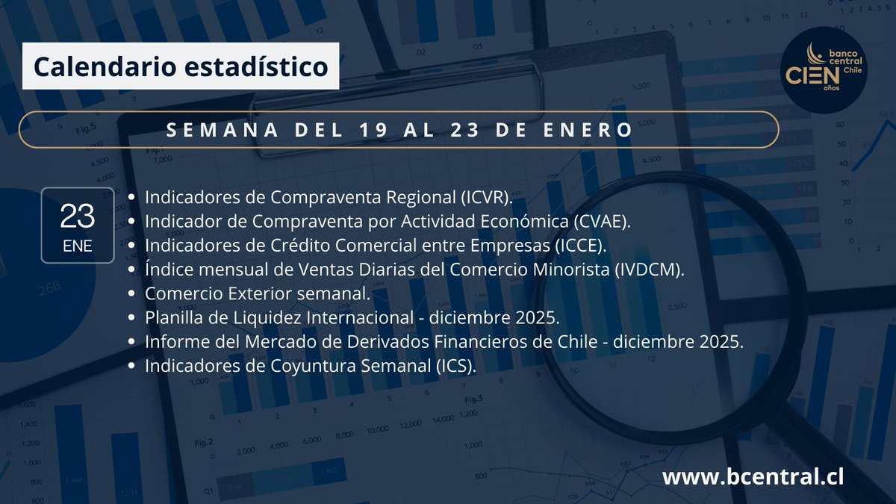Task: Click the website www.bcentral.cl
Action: [x=753, y=476]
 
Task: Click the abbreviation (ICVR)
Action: [x=485, y=197]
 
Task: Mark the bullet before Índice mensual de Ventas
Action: [x=132, y=270]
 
